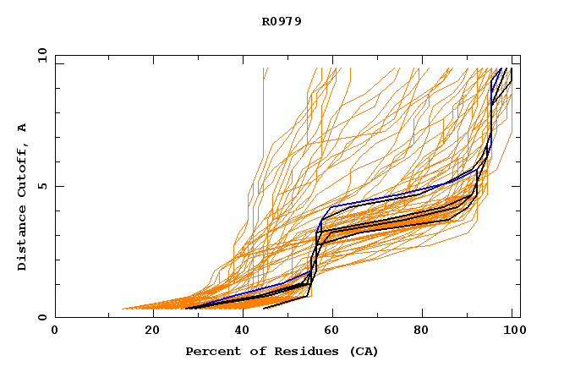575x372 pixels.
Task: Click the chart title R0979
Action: coord(282,22)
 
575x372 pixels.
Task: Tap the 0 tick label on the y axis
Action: coord(41,318)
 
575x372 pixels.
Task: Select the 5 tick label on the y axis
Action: coord(41,186)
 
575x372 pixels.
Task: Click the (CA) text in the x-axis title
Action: coord(362,351)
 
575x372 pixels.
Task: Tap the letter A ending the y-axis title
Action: coord(23,128)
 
